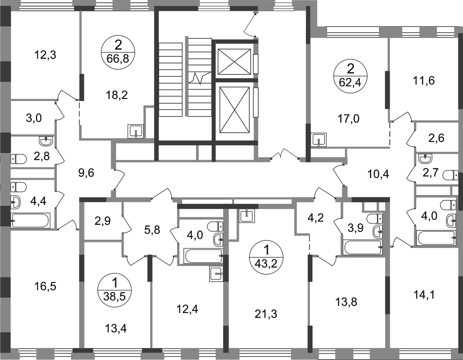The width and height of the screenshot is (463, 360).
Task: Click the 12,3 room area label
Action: [45, 55]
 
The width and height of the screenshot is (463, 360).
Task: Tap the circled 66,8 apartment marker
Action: [118, 53]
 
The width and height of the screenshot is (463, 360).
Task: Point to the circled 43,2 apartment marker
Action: [266, 257]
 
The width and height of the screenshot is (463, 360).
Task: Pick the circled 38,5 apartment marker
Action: [114, 290]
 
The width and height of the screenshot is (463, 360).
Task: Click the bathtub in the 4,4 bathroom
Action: [31, 220]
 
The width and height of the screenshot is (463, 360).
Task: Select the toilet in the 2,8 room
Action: [19, 159]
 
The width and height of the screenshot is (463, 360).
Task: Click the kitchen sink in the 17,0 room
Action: [318, 140]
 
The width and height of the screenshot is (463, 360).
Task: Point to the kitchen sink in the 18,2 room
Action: [135, 131]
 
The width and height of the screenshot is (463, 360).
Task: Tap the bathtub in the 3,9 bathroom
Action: [363, 247]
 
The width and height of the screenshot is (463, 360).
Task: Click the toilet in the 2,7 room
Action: [450, 175]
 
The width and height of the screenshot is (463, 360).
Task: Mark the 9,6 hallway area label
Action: [86, 173]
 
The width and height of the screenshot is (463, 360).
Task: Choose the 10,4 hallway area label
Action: [378, 174]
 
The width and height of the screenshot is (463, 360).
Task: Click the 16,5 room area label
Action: [45, 287]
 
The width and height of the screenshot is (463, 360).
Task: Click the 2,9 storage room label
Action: [103, 221]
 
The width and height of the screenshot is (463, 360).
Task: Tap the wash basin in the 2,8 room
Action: [46, 141]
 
